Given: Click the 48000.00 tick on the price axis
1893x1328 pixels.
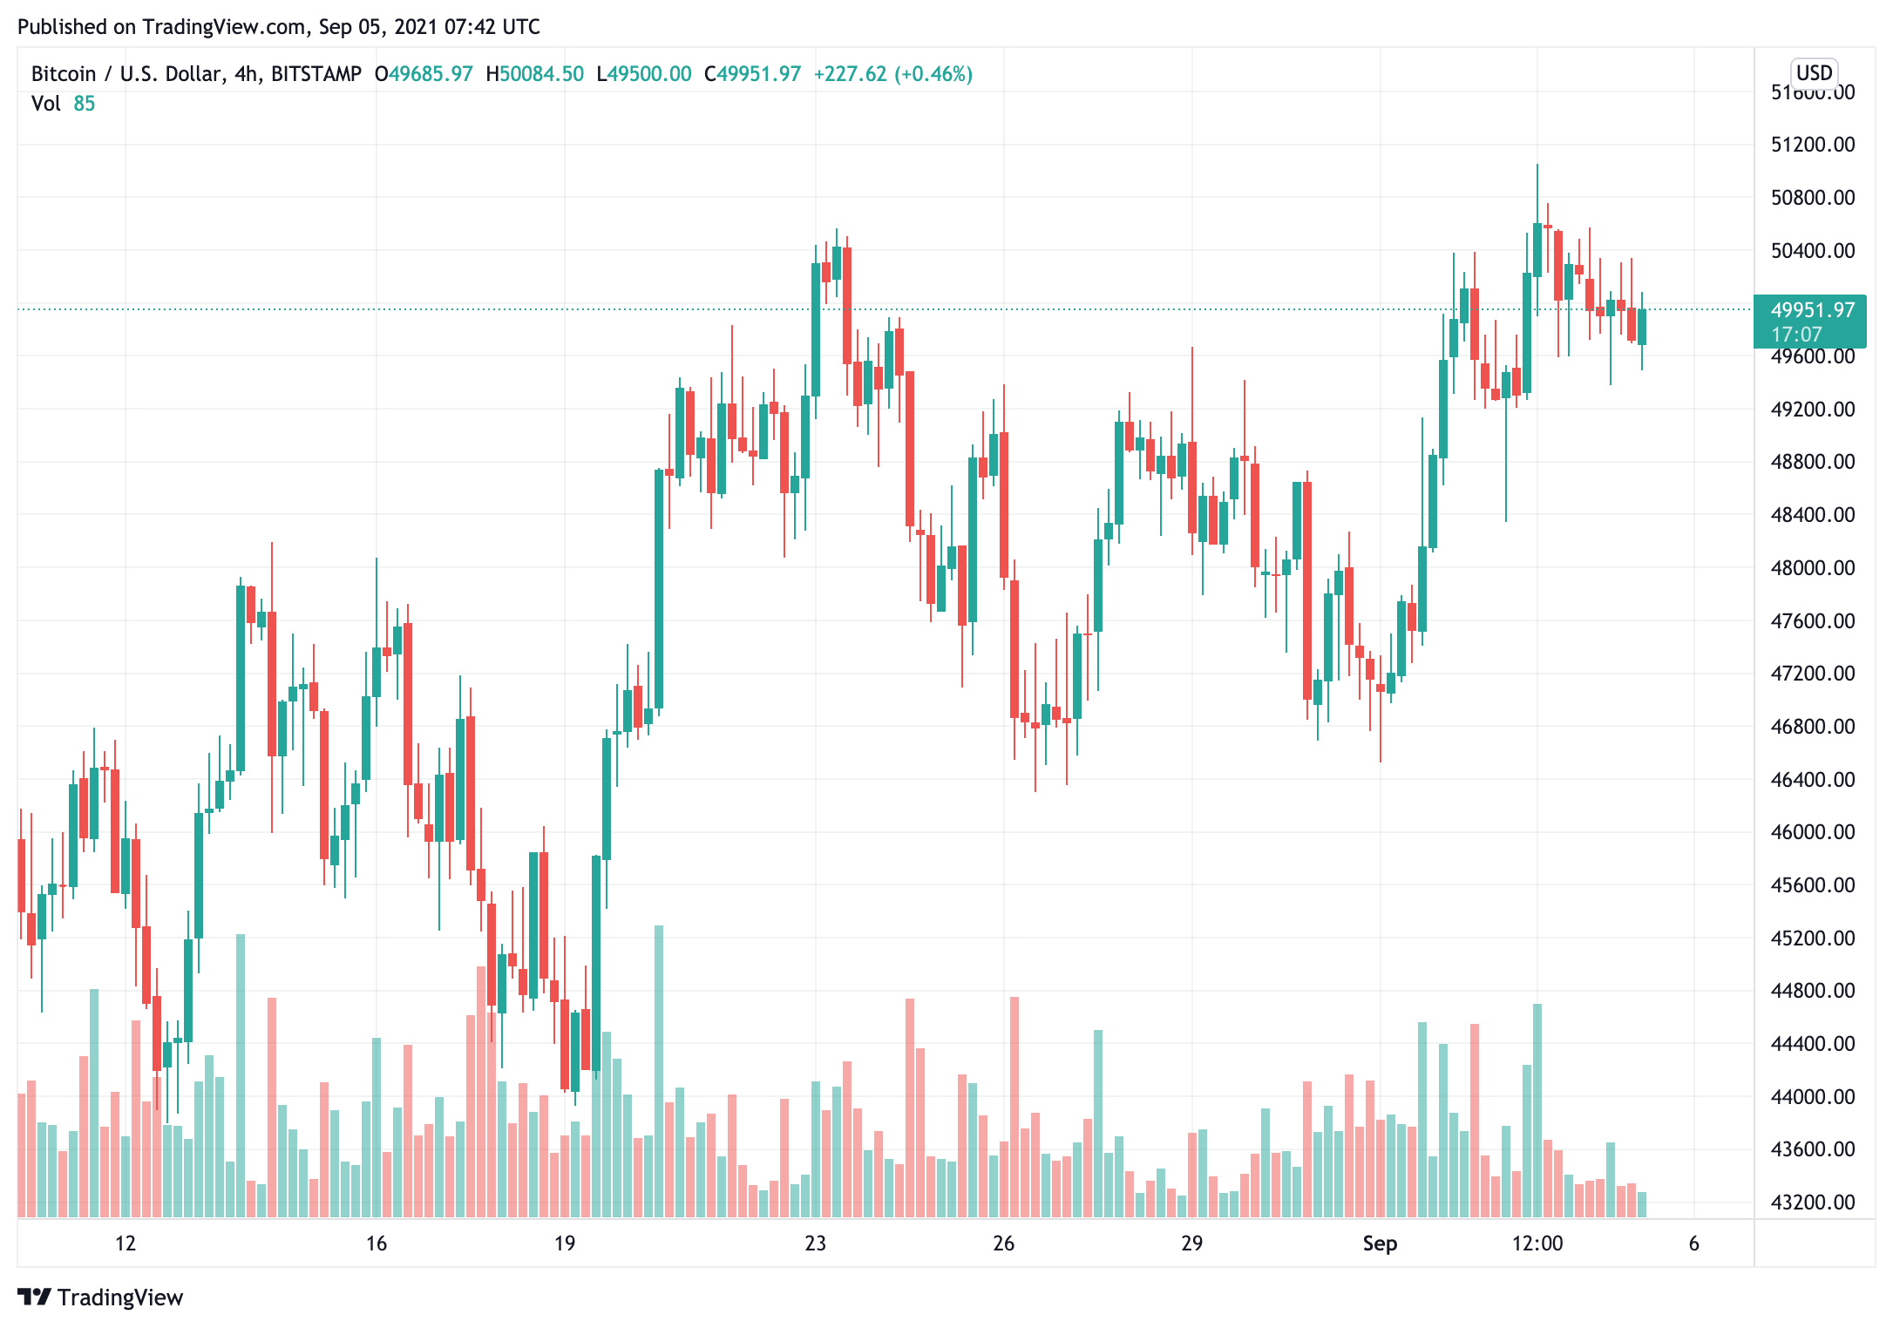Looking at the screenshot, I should tap(1812, 568).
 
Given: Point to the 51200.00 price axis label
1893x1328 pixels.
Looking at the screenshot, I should tap(1812, 145).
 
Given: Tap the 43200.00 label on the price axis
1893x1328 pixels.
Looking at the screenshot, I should tap(1812, 1203).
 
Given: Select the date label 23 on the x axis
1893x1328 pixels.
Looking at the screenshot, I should tap(815, 1243).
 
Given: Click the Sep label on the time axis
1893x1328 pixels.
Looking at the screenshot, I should tap(1380, 1243).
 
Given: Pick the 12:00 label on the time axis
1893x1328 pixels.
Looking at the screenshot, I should tap(1537, 1243).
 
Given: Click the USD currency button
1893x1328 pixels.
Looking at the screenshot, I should tap(1815, 73).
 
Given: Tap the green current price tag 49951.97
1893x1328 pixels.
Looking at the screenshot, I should tap(1812, 310).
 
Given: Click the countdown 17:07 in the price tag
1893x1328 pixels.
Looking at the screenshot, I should tap(1796, 335).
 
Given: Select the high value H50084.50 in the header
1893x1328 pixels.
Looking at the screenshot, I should tap(534, 74).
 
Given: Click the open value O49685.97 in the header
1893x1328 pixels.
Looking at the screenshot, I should tap(424, 74).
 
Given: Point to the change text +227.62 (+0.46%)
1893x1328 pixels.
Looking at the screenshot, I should tap(892, 74).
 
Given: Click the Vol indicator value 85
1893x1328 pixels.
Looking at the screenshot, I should tap(85, 104).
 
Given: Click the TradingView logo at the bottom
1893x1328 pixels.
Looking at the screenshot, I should tap(100, 1298).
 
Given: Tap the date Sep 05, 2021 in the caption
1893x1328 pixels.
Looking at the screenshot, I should tap(377, 27).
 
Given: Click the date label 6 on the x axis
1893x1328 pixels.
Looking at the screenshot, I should tap(1693, 1243).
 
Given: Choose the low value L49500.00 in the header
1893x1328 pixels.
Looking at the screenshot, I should tap(643, 74).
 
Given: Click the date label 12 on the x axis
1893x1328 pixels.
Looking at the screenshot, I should tap(126, 1243).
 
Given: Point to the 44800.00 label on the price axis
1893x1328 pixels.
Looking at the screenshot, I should tap(1812, 991).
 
